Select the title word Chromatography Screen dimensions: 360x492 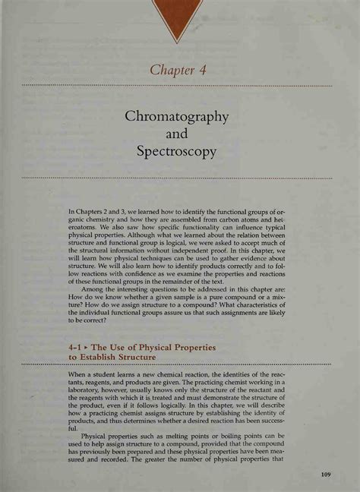[x=177, y=118]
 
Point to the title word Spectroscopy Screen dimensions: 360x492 [x=177, y=151]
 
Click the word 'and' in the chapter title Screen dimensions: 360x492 [x=177, y=134]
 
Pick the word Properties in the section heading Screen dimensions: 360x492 [x=188, y=346]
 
